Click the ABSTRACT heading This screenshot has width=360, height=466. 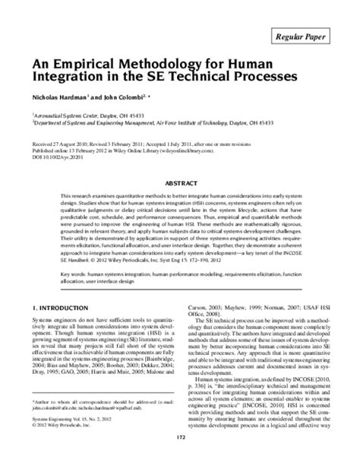point(180,183)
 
